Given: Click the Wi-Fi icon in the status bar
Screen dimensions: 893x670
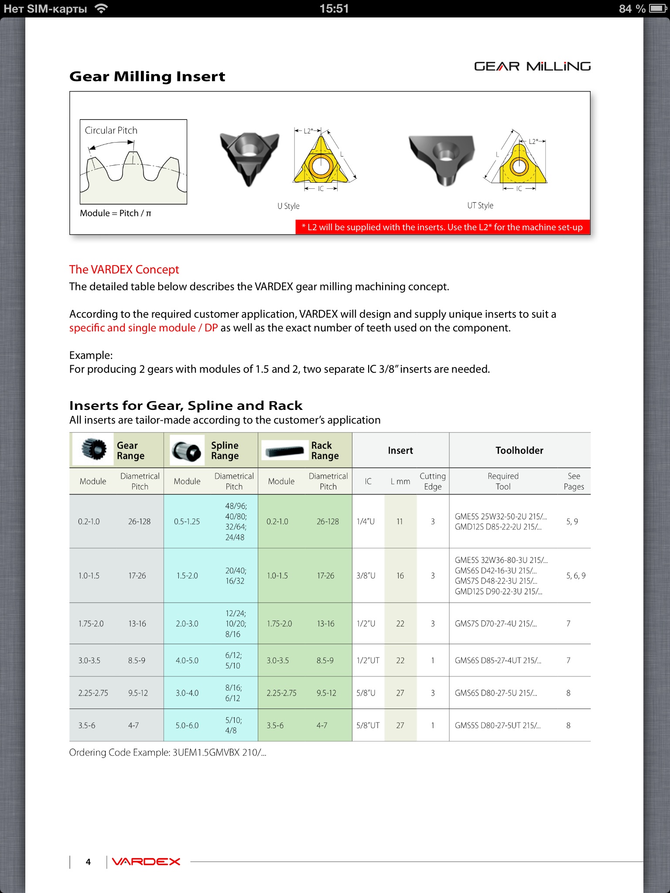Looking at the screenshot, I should click(101, 8).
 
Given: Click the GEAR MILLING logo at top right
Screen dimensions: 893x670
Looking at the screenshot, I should click(532, 66).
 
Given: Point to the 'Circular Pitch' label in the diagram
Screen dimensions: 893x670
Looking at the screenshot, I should click(111, 130).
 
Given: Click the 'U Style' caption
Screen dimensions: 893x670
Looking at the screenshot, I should click(288, 206).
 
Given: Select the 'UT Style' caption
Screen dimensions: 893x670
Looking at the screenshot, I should click(480, 205).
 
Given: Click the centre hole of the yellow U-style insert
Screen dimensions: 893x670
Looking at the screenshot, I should click(321, 166).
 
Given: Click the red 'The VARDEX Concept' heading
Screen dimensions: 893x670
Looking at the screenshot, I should click(124, 269).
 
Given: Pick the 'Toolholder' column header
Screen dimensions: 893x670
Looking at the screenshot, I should click(519, 450).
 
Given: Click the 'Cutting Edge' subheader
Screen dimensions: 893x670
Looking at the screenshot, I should click(432, 481).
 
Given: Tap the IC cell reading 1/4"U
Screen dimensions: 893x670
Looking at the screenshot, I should click(366, 521).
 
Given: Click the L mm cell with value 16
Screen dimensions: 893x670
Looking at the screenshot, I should click(400, 576).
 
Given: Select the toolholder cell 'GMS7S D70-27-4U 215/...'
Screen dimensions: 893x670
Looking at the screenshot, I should click(496, 624).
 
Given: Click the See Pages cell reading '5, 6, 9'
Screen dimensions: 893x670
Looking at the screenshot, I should click(576, 576).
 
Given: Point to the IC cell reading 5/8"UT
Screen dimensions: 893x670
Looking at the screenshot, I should click(368, 726).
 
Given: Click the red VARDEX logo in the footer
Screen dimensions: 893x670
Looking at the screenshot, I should click(146, 862).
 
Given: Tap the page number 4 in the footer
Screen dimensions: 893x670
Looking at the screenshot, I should click(88, 862).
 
